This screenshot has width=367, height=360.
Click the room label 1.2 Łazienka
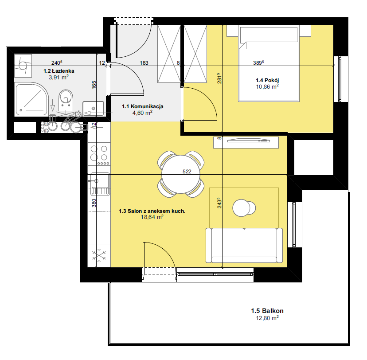pyautogui.click(x=59, y=70)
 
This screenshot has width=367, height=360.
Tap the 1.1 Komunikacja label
pyautogui.click(x=143, y=106)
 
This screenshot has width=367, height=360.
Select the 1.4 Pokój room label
pyautogui.click(x=267, y=80)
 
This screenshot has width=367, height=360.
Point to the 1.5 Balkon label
pyautogui.click(x=267, y=311)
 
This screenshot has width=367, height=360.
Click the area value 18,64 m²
pyautogui.click(x=152, y=217)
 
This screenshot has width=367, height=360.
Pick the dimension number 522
pyautogui.click(x=187, y=172)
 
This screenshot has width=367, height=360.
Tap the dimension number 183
pyautogui.click(x=144, y=63)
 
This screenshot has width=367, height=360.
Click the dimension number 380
pyautogui.click(x=94, y=203)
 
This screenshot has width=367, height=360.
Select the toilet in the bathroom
pyautogui.click(x=66, y=100)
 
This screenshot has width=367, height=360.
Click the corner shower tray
pyautogui.click(x=31, y=99)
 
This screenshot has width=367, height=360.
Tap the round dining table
pyautogui.click(x=181, y=174)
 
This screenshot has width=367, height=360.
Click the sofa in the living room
pyautogui.click(x=244, y=245)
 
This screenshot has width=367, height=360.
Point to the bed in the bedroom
pyautogui.click(x=269, y=64)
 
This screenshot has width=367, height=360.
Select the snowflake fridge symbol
pyautogui.click(x=99, y=255)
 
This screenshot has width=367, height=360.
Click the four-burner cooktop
pyautogui.click(x=99, y=154)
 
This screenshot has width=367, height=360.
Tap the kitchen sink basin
pyautogui.click(x=100, y=181)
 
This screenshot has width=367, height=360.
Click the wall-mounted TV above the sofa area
pyautogui.click(x=249, y=141)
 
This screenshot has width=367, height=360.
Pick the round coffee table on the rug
pyautogui.click(x=242, y=208)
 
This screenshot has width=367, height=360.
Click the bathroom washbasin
pyautogui.click(x=93, y=108)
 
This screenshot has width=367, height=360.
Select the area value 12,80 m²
pyautogui.click(x=267, y=318)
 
